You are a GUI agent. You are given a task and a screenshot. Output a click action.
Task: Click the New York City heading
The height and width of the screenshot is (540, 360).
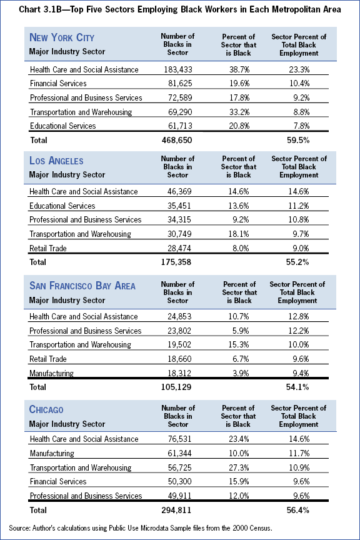click(62, 37)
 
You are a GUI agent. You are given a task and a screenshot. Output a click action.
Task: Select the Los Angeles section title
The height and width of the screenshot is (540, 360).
click(56, 161)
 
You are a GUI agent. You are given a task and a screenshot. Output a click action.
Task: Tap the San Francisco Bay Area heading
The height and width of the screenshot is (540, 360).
click(82, 286)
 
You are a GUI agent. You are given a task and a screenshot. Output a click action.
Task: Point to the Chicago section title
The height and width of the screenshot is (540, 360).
click(46, 409)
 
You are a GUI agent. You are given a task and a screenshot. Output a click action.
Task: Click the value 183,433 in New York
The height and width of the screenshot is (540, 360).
click(177, 69)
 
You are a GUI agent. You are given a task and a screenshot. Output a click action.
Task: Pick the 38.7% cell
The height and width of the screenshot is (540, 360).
click(239, 69)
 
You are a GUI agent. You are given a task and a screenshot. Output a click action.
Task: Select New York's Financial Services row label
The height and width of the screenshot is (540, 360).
click(58, 83)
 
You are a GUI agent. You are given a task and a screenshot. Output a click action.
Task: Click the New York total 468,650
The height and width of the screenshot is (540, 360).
click(177, 140)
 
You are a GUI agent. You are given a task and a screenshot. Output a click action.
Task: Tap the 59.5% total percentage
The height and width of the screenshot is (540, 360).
click(299, 140)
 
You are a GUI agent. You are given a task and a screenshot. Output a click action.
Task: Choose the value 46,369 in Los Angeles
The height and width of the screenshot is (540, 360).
click(179, 191)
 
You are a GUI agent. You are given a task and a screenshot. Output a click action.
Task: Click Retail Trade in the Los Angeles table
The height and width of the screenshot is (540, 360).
click(48, 248)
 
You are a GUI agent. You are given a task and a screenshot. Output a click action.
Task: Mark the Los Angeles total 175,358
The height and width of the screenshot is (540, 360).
click(176, 262)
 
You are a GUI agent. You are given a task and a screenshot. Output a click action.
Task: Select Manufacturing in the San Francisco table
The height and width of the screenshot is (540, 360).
click(51, 373)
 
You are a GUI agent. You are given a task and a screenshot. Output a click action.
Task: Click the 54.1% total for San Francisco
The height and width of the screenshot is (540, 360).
click(297, 387)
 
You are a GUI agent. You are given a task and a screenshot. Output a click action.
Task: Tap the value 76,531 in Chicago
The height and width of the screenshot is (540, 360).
click(179, 439)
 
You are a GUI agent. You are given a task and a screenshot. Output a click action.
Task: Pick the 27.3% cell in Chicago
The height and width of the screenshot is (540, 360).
click(239, 467)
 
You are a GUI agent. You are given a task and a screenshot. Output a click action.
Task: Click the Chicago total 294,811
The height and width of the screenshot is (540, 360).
click(176, 510)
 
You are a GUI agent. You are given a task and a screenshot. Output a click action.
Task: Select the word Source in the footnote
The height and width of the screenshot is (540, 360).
click(19, 528)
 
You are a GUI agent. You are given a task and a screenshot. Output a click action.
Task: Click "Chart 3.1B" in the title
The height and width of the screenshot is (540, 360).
click(40, 9)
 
